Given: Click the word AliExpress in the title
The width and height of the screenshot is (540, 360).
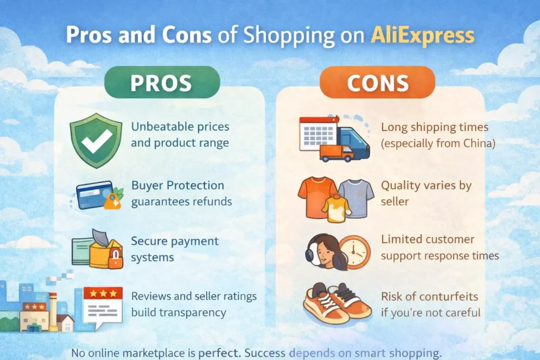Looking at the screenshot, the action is pyautogui.click(x=422, y=35).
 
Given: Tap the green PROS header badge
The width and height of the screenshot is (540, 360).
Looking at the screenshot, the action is pyautogui.click(x=162, y=82).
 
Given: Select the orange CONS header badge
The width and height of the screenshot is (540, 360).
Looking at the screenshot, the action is pyautogui.click(x=378, y=82).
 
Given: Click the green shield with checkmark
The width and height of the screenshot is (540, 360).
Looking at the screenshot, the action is pyautogui.click(x=96, y=140).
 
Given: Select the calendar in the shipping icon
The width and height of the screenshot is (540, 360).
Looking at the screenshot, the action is pyautogui.click(x=318, y=134).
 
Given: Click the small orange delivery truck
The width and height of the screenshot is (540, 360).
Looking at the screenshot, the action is pyautogui.click(x=336, y=153).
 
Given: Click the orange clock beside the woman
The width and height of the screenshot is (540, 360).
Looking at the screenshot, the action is pyautogui.click(x=355, y=252).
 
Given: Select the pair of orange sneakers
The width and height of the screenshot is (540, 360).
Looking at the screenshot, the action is pyautogui.click(x=337, y=303).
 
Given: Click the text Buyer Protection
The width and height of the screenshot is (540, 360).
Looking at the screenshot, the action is pyautogui.click(x=178, y=186).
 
